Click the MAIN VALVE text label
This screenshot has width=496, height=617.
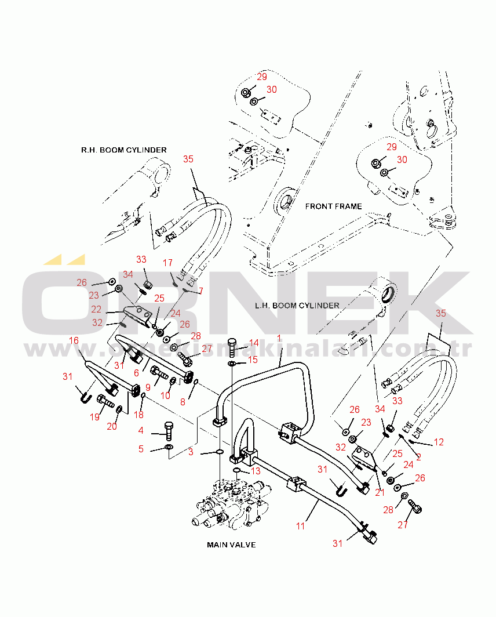pos(231,545)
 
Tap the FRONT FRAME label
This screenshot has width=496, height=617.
pos(333,206)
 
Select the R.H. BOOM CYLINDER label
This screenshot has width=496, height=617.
pos(124,150)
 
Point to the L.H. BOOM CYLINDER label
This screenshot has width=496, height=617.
pos(297,305)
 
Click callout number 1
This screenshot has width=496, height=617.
pos(279,337)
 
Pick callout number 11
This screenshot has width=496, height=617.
pos(300,526)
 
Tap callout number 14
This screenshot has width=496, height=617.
pos(254,343)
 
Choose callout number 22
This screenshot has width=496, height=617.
pos(96,309)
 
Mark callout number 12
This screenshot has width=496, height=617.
pos(439,442)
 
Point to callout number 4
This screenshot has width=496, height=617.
pos(141,430)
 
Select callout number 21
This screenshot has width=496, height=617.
pos(380,492)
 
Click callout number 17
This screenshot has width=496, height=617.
pos(167,263)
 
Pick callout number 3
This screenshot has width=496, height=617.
pos(191,452)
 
